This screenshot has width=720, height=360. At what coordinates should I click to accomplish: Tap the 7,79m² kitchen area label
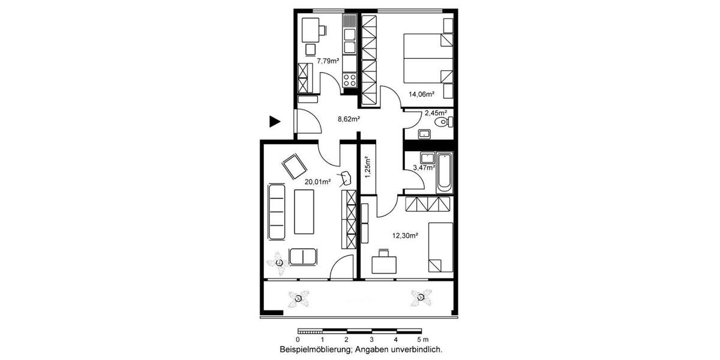click(x=328, y=61)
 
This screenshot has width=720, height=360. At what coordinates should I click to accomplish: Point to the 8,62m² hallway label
click(x=349, y=119)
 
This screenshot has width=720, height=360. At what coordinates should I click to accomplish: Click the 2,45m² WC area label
click(x=436, y=113)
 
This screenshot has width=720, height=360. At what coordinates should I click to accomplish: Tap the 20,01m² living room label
click(x=317, y=181)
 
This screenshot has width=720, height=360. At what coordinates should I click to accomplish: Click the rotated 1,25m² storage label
click(x=367, y=167)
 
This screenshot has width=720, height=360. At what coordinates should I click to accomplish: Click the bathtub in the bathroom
click(x=444, y=173)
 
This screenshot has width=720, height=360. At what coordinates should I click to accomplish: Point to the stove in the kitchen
click(x=349, y=79)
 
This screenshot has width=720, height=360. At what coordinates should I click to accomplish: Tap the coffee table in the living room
click(x=304, y=212)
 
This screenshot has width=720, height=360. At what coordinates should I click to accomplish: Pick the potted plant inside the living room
click(x=279, y=262)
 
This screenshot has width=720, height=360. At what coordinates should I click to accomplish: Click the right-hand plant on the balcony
click(x=421, y=296)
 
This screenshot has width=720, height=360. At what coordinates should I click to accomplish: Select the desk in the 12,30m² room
click(x=384, y=263)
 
